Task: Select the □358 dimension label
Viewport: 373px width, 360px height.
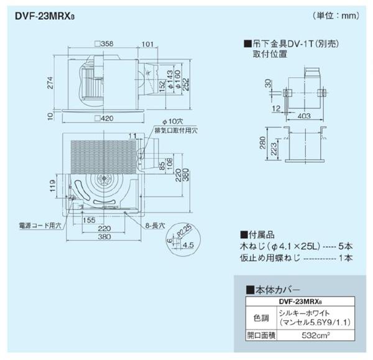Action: coord(103,44)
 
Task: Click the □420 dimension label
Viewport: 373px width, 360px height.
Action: coord(103,118)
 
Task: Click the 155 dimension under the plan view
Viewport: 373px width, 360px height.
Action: coord(88,220)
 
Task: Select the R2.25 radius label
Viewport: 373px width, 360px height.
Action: coord(184,231)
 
